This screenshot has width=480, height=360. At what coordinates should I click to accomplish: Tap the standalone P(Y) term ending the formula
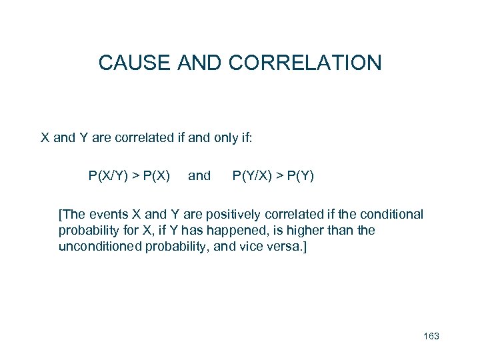tap(300, 176)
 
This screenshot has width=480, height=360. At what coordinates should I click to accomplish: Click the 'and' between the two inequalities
tap(199, 176)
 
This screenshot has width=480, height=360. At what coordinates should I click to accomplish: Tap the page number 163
tap(431, 336)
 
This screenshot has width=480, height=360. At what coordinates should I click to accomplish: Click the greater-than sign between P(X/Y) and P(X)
tap(135, 177)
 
